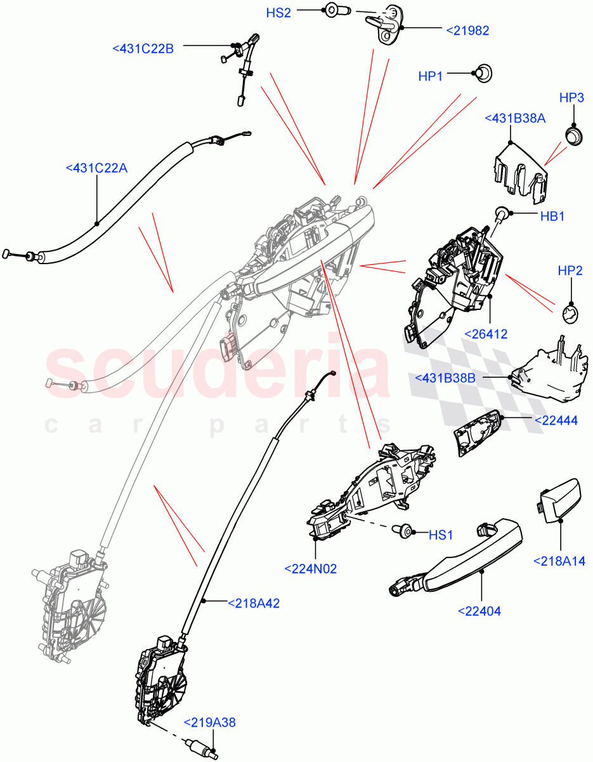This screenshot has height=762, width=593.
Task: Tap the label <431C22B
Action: pos(143,48)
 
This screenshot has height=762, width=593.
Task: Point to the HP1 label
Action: pos(431,76)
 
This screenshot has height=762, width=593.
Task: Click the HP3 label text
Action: pos(571,98)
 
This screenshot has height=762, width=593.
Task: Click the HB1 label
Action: pos(552,217)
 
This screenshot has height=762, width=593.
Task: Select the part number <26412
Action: pos(486,333)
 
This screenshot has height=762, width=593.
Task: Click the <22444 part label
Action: pos(556,420)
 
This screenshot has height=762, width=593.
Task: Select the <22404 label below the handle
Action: pos(479,612)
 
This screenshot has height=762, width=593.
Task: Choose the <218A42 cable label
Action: pos(254,603)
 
